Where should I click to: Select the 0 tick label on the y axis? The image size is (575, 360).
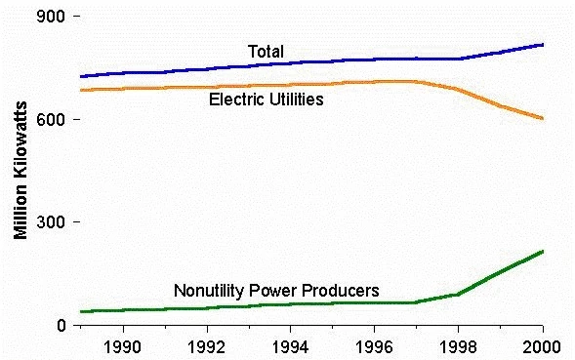point(60,325)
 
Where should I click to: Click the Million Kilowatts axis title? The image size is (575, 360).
point(21,171)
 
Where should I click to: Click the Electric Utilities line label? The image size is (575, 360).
point(267,100)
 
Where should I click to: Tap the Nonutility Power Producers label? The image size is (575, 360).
point(276,290)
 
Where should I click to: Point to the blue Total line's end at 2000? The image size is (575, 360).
point(543,45)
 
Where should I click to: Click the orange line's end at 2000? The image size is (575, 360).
point(543,119)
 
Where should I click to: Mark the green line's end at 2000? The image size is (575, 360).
point(543,252)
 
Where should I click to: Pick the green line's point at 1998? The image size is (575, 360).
point(459,294)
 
